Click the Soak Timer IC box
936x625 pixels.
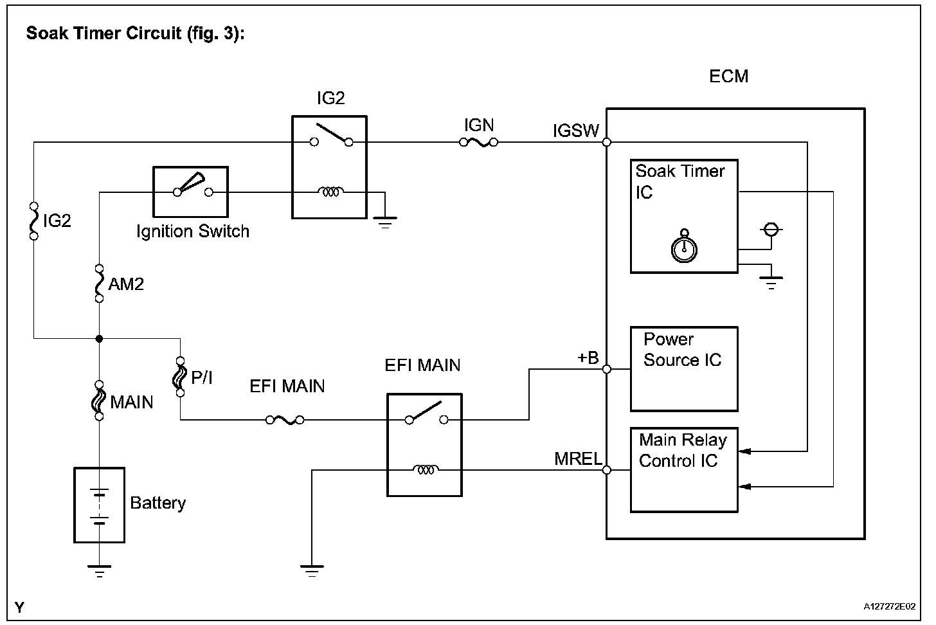coord(683,216)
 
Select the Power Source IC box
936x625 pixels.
coord(683,368)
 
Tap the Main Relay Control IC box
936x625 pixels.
coord(683,469)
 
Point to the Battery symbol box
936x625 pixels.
coord(99,505)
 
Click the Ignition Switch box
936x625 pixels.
coord(190,192)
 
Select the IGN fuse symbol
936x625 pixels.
coord(478,142)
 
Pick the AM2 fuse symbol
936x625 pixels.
coord(99,283)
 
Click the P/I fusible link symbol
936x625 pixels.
coord(180,377)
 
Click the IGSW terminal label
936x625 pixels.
coord(575,131)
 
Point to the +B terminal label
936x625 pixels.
coord(588,358)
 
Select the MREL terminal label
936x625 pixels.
coord(578,459)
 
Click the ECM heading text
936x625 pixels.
coord(728,77)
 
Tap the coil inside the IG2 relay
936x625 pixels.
coord(330,192)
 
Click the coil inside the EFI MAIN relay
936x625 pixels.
coord(425,470)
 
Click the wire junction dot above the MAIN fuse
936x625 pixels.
coord(99,338)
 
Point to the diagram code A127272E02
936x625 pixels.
coord(890,606)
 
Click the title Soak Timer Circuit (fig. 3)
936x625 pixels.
coord(135,33)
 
